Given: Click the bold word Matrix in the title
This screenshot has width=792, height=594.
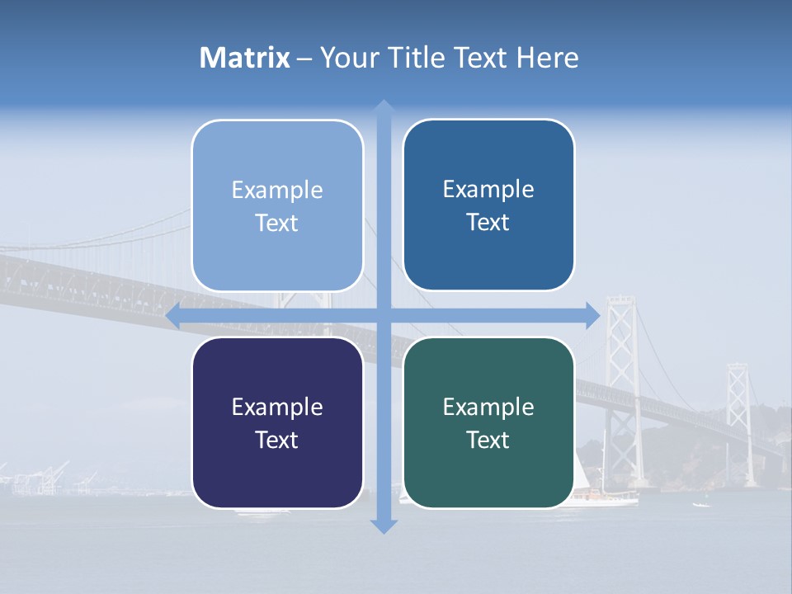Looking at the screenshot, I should pos(245,58).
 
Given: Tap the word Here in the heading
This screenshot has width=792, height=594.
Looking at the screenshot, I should pos(547,58).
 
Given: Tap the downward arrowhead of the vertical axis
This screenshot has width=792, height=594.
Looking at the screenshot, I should pos(384,526).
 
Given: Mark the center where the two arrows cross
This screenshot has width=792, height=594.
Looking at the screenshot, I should pos(384,315).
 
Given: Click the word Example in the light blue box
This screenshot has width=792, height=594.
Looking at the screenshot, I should pos(277,190).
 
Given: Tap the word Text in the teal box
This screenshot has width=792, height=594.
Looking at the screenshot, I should pos(488,441).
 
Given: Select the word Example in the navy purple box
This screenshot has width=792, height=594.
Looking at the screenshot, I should pos(277,407).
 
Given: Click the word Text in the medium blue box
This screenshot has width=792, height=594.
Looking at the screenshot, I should pos(488,223).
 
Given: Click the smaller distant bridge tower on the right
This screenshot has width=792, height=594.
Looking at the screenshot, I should pos(737,404).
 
